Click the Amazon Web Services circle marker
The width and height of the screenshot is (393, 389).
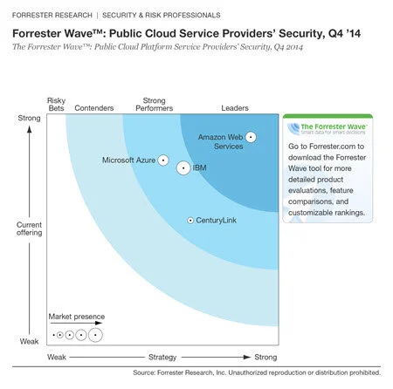point(251,136)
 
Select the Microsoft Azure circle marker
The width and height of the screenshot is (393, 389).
point(162,161)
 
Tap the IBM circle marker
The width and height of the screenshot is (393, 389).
point(183,168)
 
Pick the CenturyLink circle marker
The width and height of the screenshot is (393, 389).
point(190,221)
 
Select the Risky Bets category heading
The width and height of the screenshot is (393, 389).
point(56,104)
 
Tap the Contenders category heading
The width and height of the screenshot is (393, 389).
point(94,108)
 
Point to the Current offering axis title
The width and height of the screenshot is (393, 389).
point(29,229)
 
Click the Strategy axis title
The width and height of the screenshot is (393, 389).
point(162,358)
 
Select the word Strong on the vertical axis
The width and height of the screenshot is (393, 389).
point(29,117)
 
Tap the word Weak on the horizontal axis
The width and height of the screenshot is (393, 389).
point(57,358)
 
